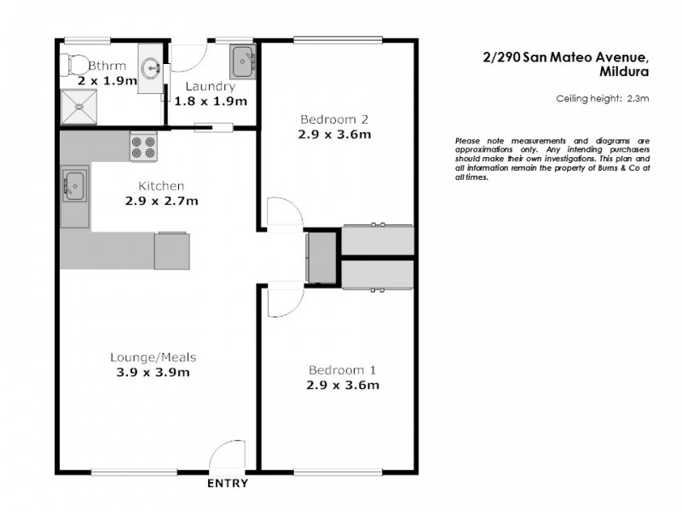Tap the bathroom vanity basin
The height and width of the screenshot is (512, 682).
[x=151, y=68]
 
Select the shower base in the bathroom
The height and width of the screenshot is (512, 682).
[x=79, y=107]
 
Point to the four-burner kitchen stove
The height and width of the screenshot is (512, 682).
[x=143, y=148]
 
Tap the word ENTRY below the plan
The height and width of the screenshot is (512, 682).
[x=228, y=484]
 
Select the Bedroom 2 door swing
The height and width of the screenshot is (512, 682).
[x=283, y=213]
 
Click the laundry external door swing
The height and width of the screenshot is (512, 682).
[x=188, y=58]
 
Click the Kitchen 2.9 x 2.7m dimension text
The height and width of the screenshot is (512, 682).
[x=161, y=201]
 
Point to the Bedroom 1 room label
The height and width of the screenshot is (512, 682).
[x=342, y=370]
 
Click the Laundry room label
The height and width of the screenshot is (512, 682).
[x=210, y=86]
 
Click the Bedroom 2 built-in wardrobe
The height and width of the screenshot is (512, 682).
[x=378, y=241]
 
